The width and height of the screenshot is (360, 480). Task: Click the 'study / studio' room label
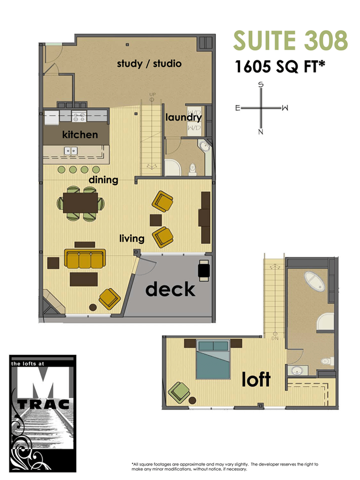pos(149,64)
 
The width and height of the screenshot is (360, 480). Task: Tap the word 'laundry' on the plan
pos(183,118)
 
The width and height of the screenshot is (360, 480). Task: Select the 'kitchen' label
pos(80,134)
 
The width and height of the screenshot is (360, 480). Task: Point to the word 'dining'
pos(103,180)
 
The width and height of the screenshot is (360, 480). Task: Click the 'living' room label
pos(132,238)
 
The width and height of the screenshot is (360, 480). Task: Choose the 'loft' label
pos(256,379)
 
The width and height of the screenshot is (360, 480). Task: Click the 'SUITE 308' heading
pos(291,41)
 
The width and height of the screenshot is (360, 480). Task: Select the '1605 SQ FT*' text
pos(280,68)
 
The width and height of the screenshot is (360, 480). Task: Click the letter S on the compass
pos(261,84)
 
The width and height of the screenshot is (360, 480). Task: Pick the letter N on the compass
pos(261,132)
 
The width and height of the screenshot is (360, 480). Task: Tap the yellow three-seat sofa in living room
pos(84,259)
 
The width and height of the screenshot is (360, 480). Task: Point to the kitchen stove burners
pos(79,116)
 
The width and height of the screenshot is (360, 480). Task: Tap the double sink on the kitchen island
pos(70,151)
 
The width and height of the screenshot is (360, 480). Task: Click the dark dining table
pos(81,203)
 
